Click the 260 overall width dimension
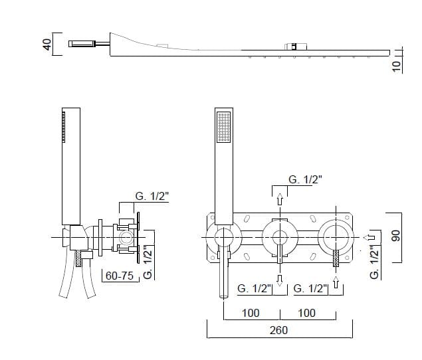[x=278, y=330]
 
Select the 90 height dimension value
[x=396, y=235]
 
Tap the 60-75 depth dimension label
[x=120, y=276]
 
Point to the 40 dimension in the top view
[x=47, y=45]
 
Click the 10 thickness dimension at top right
[x=397, y=66]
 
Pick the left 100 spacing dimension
[x=251, y=313]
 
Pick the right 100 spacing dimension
[x=306, y=313]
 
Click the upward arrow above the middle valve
[x=280, y=199]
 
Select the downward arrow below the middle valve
[x=280, y=280]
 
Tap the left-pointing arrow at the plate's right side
[x=369, y=237]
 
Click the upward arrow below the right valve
[x=336, y=282]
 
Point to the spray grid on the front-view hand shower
[x=224, y=127]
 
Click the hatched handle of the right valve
[x=336, y=258]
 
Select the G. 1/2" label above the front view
[x=305, y=179]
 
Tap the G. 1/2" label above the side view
[x=152, y=196]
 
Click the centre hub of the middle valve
[x=280, y=238]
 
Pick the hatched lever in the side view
[x=78, y=258]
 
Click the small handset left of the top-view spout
[x=82, y=44]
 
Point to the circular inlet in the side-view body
[x=125, y=238]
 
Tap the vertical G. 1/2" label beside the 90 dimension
[x=374, y=262]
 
